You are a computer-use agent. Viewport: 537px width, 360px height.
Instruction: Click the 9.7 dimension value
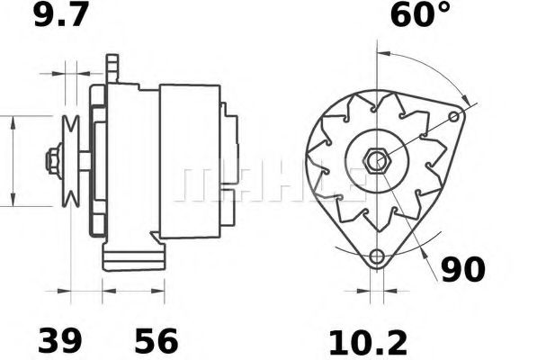click(x=63, y=16)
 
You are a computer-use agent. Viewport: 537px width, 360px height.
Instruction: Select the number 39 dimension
click(x=59, y=341)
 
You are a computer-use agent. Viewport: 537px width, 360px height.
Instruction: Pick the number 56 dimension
click(x=156, y=341)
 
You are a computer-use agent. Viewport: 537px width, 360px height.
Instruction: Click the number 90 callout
click(x=463, y=269)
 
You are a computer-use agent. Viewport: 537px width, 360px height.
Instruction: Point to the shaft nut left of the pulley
click(x=52, y=162)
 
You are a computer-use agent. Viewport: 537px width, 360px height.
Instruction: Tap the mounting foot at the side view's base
click(x=135, y=258)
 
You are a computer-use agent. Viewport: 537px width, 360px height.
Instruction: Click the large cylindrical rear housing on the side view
click(x=189, y=162)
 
